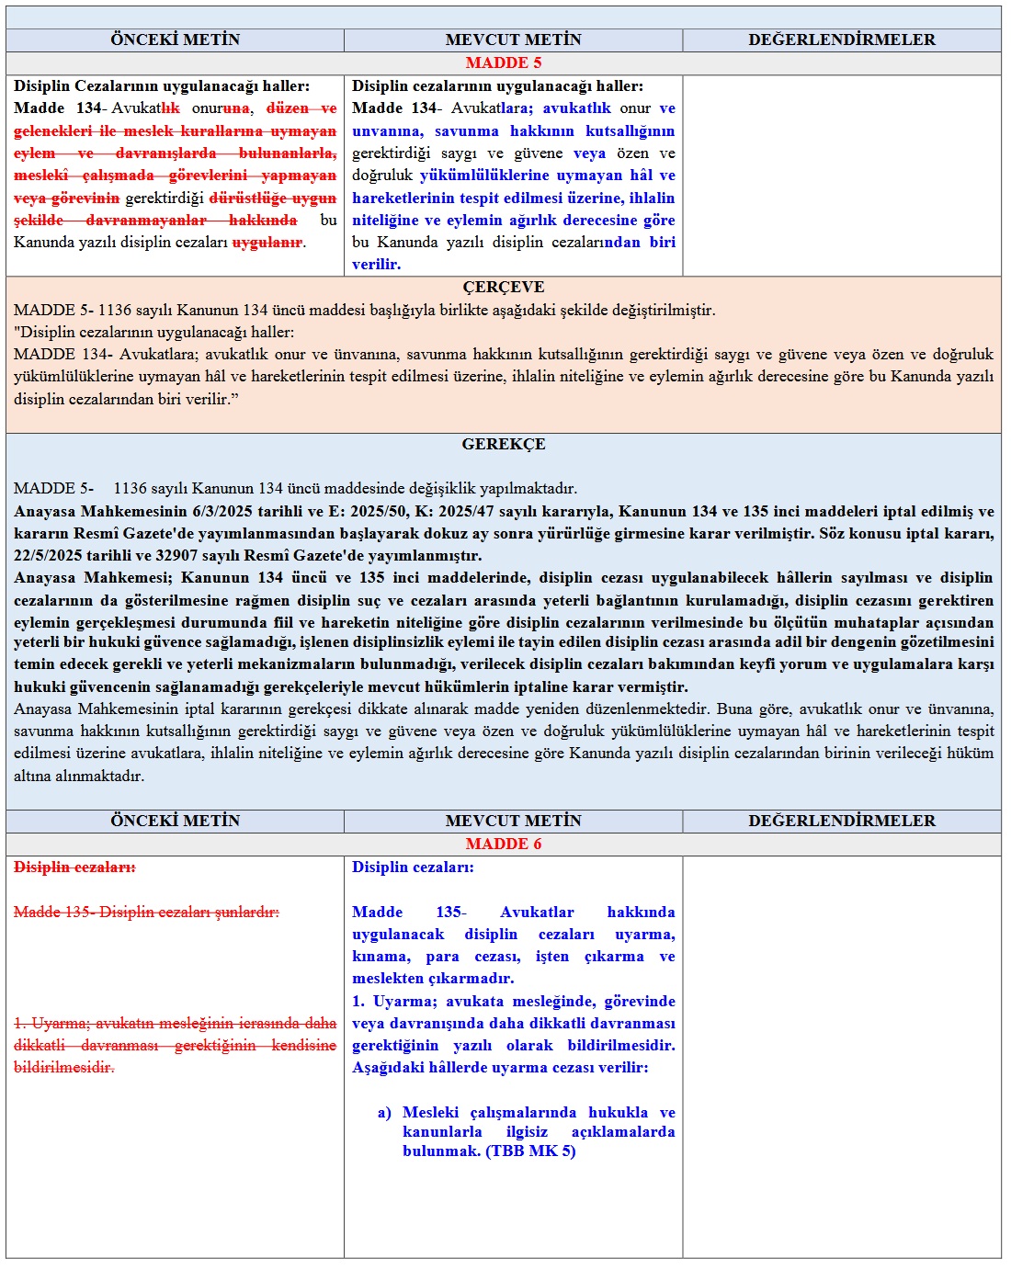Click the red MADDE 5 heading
pos(503,62)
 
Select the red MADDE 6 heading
pos(503,844)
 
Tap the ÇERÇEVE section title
pos(503,287)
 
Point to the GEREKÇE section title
pos(503,444)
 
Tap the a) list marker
pos(384,1112)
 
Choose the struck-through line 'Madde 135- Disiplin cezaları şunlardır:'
pos(146,912)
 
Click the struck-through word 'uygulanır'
pos(267,242)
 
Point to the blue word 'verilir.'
pos(376,264)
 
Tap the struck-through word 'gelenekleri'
pos(52,130)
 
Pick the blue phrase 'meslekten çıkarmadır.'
pos(433,978)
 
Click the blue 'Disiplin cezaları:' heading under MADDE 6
pos(413,867)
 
